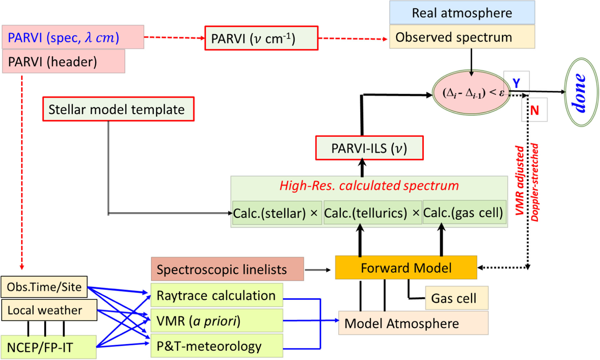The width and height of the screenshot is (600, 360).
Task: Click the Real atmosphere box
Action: point(462,13)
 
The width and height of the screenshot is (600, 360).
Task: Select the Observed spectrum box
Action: point(462,37)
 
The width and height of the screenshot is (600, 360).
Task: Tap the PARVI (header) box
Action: point(63,61)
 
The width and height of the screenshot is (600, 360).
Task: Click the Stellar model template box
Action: point(118,109)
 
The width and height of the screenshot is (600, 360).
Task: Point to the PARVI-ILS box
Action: point(369,148)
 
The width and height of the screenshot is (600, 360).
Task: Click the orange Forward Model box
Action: point(406,268)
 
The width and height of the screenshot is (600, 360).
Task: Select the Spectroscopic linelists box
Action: point(227,269)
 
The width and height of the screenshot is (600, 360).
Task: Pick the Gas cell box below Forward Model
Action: point(457,298)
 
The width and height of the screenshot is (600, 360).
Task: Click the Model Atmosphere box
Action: point(413,323)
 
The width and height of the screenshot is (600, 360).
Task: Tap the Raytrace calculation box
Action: point(217,296)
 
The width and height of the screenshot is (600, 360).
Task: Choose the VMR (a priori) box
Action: point(217,321)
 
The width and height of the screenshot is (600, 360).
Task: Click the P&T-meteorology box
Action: point(217,346)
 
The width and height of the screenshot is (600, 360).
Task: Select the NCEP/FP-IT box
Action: point(48,347)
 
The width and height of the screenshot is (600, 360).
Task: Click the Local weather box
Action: point(49,310)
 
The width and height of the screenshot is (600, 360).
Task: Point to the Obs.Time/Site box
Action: point(44,287)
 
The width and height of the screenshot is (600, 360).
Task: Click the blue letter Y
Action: point(516,83)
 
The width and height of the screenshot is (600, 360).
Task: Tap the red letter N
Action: point(534,110)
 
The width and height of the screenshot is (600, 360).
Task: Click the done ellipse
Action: point(581,92)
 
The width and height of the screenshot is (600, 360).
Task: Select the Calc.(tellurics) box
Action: point(372,213)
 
